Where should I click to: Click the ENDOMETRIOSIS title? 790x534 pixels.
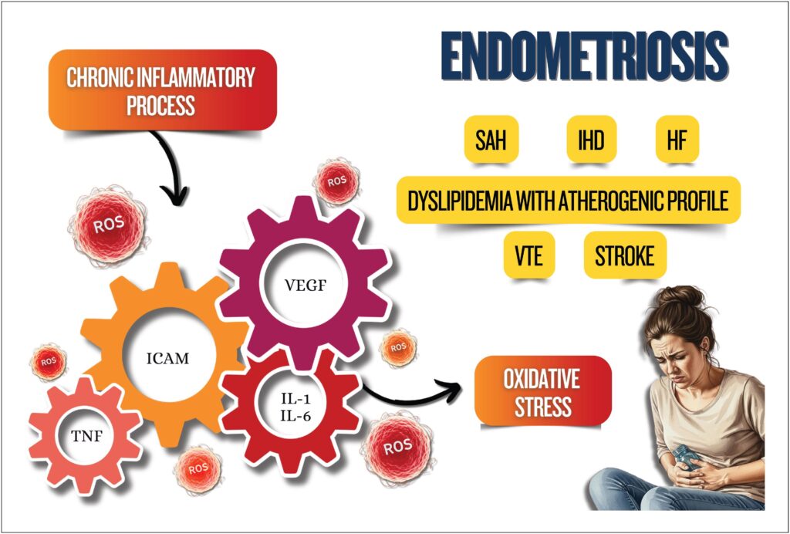pos(585,56)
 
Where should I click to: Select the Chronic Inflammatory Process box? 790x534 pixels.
pos(162,90)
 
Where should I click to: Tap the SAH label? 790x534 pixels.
pos(491,139)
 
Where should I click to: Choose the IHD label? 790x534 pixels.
pos(591,139)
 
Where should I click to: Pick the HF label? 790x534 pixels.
pos(677,139)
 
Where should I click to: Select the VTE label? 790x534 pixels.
pos(529,255)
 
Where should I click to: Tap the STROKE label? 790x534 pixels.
pos(625,255)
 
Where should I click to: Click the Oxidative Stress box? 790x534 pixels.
pos(542,391)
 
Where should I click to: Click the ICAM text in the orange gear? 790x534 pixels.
pos(167,359)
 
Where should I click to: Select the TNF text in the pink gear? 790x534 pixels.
pos(86,436)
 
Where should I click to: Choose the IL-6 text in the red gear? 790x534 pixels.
pos(295,415)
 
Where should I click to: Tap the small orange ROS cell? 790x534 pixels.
pos(398,347)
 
